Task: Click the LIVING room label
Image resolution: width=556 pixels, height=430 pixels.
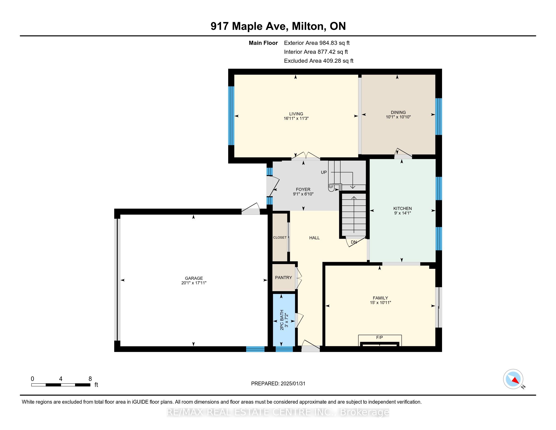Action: (x=296, y=114)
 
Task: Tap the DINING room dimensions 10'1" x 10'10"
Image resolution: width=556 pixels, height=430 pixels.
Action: (x=398, y=117)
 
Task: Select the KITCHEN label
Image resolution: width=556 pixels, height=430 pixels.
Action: (x=403, y=208)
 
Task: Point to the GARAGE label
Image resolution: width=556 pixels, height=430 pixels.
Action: (x=194, y=278)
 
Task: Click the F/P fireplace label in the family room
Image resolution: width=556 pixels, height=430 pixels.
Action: (x=379, y=337)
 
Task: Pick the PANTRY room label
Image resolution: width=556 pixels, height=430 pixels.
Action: (x=283, y=277)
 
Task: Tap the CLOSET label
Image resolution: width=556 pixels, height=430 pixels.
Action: (x=280, y=238)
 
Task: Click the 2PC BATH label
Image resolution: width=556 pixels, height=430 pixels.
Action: (x=282, y=320)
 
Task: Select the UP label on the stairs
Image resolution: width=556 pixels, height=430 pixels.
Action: (x=324, y=172)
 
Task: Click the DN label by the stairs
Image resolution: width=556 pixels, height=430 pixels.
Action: (x=354, y=242)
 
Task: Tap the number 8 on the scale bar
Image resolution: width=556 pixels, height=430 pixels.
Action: (x=90, y=379)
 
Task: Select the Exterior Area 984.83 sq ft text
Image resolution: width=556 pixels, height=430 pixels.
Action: (x=317, y=43)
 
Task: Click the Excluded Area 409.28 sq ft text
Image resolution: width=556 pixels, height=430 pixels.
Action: (x=319, y=61)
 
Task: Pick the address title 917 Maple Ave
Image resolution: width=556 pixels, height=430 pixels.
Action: (x=249, y=26)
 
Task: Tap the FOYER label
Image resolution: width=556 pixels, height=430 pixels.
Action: (x=303, y=189)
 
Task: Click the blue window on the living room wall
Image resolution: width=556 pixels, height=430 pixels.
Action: (x=231, y=116)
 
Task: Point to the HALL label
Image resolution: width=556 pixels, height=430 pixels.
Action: (x=314, y=238)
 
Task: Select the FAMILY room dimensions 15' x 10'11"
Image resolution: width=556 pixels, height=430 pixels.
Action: (x=380, y=303)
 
